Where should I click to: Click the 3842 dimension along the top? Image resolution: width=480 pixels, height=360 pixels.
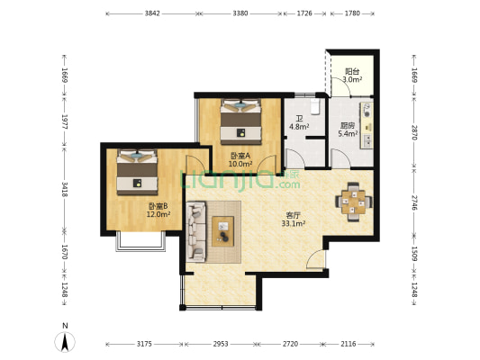tap(152, 13)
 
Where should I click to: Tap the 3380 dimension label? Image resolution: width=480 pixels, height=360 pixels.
tap(240, 13)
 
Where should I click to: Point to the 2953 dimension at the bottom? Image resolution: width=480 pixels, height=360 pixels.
tap(221, 344)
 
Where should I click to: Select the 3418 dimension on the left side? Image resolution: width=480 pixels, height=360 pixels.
tap(65, 189)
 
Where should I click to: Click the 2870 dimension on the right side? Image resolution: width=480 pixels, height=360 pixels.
tap(414, 132)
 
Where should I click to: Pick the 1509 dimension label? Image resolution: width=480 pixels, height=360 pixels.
tap(414, 254)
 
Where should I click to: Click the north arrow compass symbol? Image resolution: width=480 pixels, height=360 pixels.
tap(65, 341)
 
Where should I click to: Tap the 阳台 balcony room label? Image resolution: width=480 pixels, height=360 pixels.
tap(352, 72)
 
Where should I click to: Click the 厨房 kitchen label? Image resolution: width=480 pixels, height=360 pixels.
tap(348, 125)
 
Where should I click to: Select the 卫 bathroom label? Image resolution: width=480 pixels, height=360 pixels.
tap(299, 119)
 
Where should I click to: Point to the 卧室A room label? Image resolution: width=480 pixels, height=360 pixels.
tap(240, 156)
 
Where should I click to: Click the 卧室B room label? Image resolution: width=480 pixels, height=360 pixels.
tap(158, 206)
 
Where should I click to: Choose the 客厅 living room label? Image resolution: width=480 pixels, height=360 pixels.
tap(293, 216)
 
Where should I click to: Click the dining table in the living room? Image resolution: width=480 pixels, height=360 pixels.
tap(354, 202)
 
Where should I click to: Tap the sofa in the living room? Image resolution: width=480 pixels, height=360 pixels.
tap(196, 231)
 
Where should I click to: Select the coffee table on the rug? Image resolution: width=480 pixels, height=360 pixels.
tap(222, 231)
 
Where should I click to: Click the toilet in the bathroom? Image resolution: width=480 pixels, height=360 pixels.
tap(315, 106)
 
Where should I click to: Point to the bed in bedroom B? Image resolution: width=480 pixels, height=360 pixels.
tap(137, 172)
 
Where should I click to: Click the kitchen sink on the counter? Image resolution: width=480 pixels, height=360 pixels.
tap(367, 140)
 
